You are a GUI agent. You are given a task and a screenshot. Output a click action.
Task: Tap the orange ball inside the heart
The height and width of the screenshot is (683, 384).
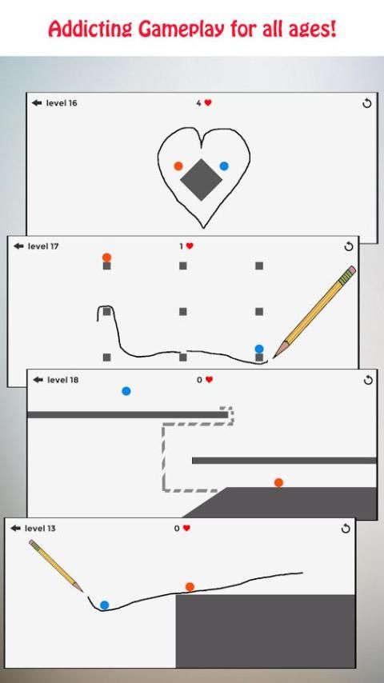click(x=178, y=166)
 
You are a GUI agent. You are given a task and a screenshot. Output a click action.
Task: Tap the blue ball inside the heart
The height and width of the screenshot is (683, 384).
click(x=224, y=166)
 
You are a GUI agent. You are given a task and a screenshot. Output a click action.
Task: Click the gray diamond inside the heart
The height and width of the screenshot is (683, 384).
click(x=202, y=179)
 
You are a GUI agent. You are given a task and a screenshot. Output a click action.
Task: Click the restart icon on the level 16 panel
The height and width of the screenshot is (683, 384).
click(x=367, y=104)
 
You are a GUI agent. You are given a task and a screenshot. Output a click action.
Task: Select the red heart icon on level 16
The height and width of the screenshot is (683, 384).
click(x=208, y=103)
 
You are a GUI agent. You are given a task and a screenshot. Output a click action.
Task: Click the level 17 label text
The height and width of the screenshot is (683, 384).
click(x=43, y=246)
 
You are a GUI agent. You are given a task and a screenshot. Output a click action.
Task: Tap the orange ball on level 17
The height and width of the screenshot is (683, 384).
click(x=106, y=258)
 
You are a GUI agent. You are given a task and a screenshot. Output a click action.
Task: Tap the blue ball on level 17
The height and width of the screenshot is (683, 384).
click(x=259, y=349)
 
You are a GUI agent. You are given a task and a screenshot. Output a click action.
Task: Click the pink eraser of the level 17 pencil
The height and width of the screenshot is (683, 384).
click(x=352, y=270)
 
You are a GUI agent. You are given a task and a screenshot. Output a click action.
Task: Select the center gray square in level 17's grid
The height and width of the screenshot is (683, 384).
click(x=183, y=311)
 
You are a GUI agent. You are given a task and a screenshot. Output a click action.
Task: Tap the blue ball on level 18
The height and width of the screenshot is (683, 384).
click(x=126, y=391)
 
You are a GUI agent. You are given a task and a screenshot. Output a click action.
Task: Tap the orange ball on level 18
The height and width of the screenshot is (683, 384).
click(x=279, y=482)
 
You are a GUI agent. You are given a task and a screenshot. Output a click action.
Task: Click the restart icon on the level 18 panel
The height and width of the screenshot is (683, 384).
click(x=368, y=380)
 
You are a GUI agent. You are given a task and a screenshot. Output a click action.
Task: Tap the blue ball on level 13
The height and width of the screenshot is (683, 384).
click(x=104, y=605)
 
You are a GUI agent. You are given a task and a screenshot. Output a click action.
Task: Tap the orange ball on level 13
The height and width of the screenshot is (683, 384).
click(x=190, y=587)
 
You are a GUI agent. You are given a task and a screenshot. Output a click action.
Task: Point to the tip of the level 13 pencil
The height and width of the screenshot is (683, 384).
click(x=82, y=592)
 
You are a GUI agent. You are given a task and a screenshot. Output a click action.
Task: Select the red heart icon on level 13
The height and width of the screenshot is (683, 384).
click(x=186, y=528)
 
